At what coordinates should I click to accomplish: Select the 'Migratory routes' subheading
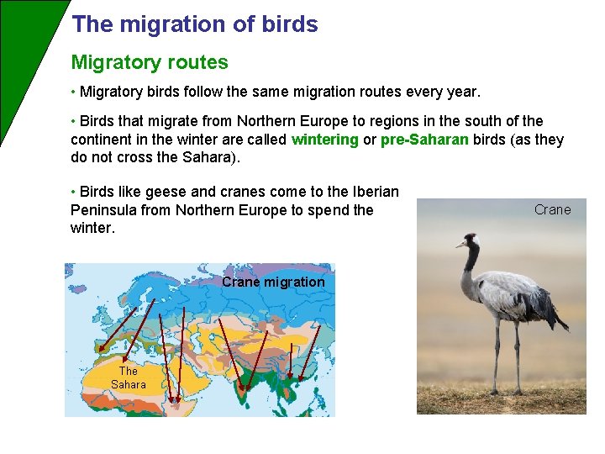click(x=150, y=62)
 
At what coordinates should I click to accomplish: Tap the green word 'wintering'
click(x=324, y=140)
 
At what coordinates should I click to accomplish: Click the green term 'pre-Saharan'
click(x=424, y=140)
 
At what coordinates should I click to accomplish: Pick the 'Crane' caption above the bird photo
click(x=552, y=209)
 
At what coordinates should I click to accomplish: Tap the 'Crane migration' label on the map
click(x=273, y=282)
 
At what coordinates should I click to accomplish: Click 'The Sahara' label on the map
click(x=129, y=377)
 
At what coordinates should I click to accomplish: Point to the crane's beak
click(x=460, y=245)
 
